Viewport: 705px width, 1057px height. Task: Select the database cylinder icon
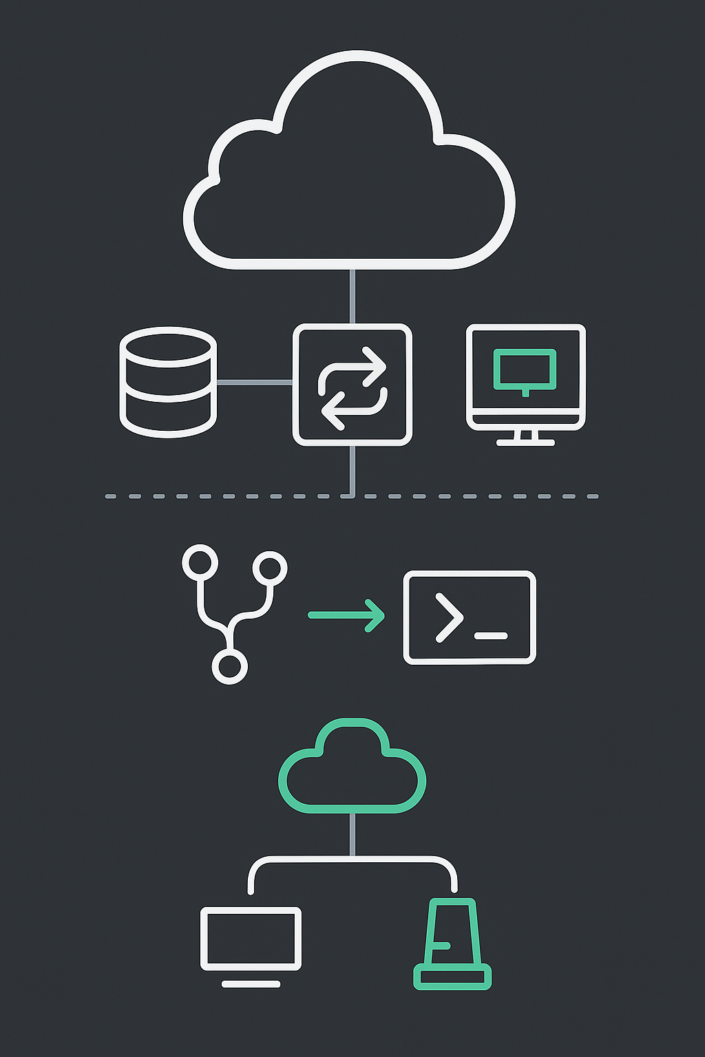point(168,382)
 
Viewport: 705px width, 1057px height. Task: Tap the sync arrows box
point(352,385)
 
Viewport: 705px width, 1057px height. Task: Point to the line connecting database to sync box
point(254,382)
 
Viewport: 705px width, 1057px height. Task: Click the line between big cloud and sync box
point(352,296)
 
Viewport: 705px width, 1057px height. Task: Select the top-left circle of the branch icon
point(200,564)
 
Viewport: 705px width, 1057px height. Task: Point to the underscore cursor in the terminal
point(492,636)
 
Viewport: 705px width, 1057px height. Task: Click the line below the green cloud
point(352,834)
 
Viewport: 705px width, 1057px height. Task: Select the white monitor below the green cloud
point(251,938)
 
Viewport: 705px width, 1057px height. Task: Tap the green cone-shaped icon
point(452,943)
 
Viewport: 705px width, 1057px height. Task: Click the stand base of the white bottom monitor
point(251,984)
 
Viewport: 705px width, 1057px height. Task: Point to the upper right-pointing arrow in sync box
point(365,366)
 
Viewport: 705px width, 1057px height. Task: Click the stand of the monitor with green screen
point(525,438)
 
